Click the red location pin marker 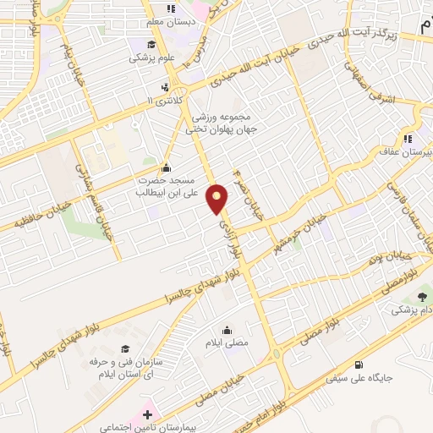(218, 198)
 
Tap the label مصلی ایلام (227, 343)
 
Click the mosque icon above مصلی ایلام (227, 330)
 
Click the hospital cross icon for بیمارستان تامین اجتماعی (148, 414)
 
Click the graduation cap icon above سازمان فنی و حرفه (125, 349)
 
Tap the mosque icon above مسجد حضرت (166, 167)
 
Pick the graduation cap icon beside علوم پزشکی (151, 45)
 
